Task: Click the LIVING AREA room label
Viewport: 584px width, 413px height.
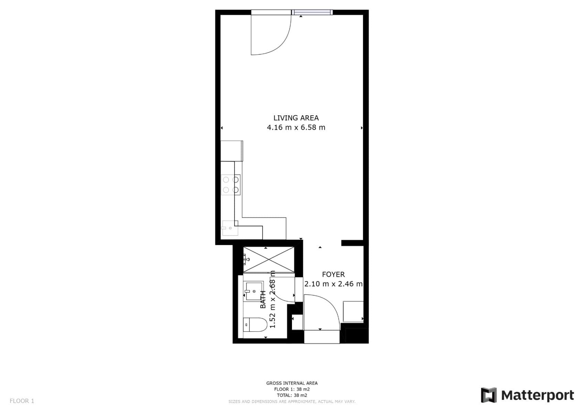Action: tap(296, 118)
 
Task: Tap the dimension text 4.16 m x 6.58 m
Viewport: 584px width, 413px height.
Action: tap(296, 128)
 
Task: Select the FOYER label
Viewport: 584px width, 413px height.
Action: tap(333, 275)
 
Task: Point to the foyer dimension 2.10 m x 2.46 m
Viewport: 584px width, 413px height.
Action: tap(333, 284)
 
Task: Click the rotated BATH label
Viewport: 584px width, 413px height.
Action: tap(263, 299)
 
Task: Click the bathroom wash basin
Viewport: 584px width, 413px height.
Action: tap(253, 292)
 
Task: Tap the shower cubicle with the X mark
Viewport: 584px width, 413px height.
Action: tap(269, 260)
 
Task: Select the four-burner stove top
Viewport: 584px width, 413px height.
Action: tap(230, 185)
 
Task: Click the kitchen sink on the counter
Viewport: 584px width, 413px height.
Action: tap(230, 228)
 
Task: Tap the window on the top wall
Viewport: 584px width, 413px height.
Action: tap(312, 13)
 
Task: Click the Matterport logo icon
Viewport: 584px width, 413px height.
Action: tap(489, 395)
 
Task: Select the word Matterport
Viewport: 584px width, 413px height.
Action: tap(538, 395)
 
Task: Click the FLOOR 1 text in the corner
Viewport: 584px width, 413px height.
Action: tap(22, 401)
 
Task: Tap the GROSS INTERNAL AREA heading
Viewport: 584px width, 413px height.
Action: tap(292, 383)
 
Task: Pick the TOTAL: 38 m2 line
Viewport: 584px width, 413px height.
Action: tap(292, 395)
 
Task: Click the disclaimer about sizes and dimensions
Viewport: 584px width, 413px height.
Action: tap(292, 402)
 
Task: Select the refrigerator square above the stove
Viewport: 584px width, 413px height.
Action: tap(231, 151)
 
